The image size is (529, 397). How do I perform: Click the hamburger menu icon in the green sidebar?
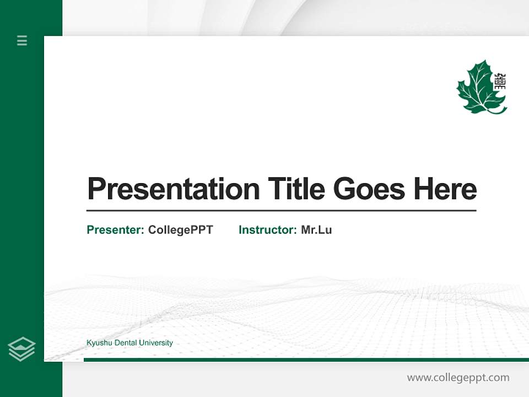pos(22,40)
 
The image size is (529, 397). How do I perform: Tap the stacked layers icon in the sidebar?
pos(21,349)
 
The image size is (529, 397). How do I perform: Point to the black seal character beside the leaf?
pos(500,82)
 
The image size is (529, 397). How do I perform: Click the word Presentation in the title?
pos(173,189)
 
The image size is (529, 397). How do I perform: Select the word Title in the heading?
pos(296,189)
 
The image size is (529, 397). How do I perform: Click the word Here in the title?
pos(445,189)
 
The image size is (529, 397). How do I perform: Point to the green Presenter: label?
pos(116,230)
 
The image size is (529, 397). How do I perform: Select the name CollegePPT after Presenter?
pos(180,230)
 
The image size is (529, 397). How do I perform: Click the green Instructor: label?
pos(268,230)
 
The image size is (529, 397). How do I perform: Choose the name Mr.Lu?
pos(316,230)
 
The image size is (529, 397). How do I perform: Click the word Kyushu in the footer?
pos(98,343)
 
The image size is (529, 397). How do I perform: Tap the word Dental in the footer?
pos(125,343)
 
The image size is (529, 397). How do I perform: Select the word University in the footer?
pos(156,343)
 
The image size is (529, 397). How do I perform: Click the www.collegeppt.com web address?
pos(458,378)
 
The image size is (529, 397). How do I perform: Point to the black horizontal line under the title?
pos(281,211)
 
